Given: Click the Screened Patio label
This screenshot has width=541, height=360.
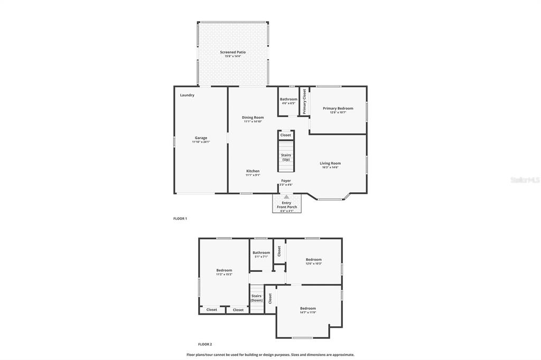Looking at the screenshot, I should (232, 52).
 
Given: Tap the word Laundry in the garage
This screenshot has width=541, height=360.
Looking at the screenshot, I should (187, 96).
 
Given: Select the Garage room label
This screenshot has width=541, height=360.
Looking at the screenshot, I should (201, 138).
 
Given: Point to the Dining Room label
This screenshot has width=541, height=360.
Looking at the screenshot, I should (253, 118).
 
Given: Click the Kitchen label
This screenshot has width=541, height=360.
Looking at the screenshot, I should (253, 171).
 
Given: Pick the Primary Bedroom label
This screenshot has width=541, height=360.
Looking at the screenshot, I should (338, 109).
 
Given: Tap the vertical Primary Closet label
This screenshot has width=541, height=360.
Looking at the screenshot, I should (304, 101).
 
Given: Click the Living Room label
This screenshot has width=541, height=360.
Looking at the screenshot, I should (330, 164).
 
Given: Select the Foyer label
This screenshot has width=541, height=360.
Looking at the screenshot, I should (286, 181).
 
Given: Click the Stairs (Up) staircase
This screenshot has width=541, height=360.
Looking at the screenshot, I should (286, 157).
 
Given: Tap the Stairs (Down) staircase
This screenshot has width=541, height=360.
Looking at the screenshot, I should (256, 298).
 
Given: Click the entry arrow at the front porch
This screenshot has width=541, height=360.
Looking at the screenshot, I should (286, 197).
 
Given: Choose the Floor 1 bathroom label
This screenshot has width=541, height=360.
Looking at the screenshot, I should (288, 99).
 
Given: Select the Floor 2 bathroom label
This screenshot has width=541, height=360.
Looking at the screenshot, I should (261, 253).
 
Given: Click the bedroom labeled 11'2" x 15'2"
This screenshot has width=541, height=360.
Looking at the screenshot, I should (224, 270).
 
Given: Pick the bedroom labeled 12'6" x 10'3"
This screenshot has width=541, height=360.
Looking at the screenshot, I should (313, 260).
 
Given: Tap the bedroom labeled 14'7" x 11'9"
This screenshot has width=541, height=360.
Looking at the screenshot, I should (308, 309).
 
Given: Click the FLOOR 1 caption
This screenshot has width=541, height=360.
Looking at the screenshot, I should (180, 219).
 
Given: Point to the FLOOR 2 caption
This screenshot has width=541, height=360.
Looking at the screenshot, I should (205, 344).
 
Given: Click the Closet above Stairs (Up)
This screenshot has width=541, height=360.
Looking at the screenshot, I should (286, 135).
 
